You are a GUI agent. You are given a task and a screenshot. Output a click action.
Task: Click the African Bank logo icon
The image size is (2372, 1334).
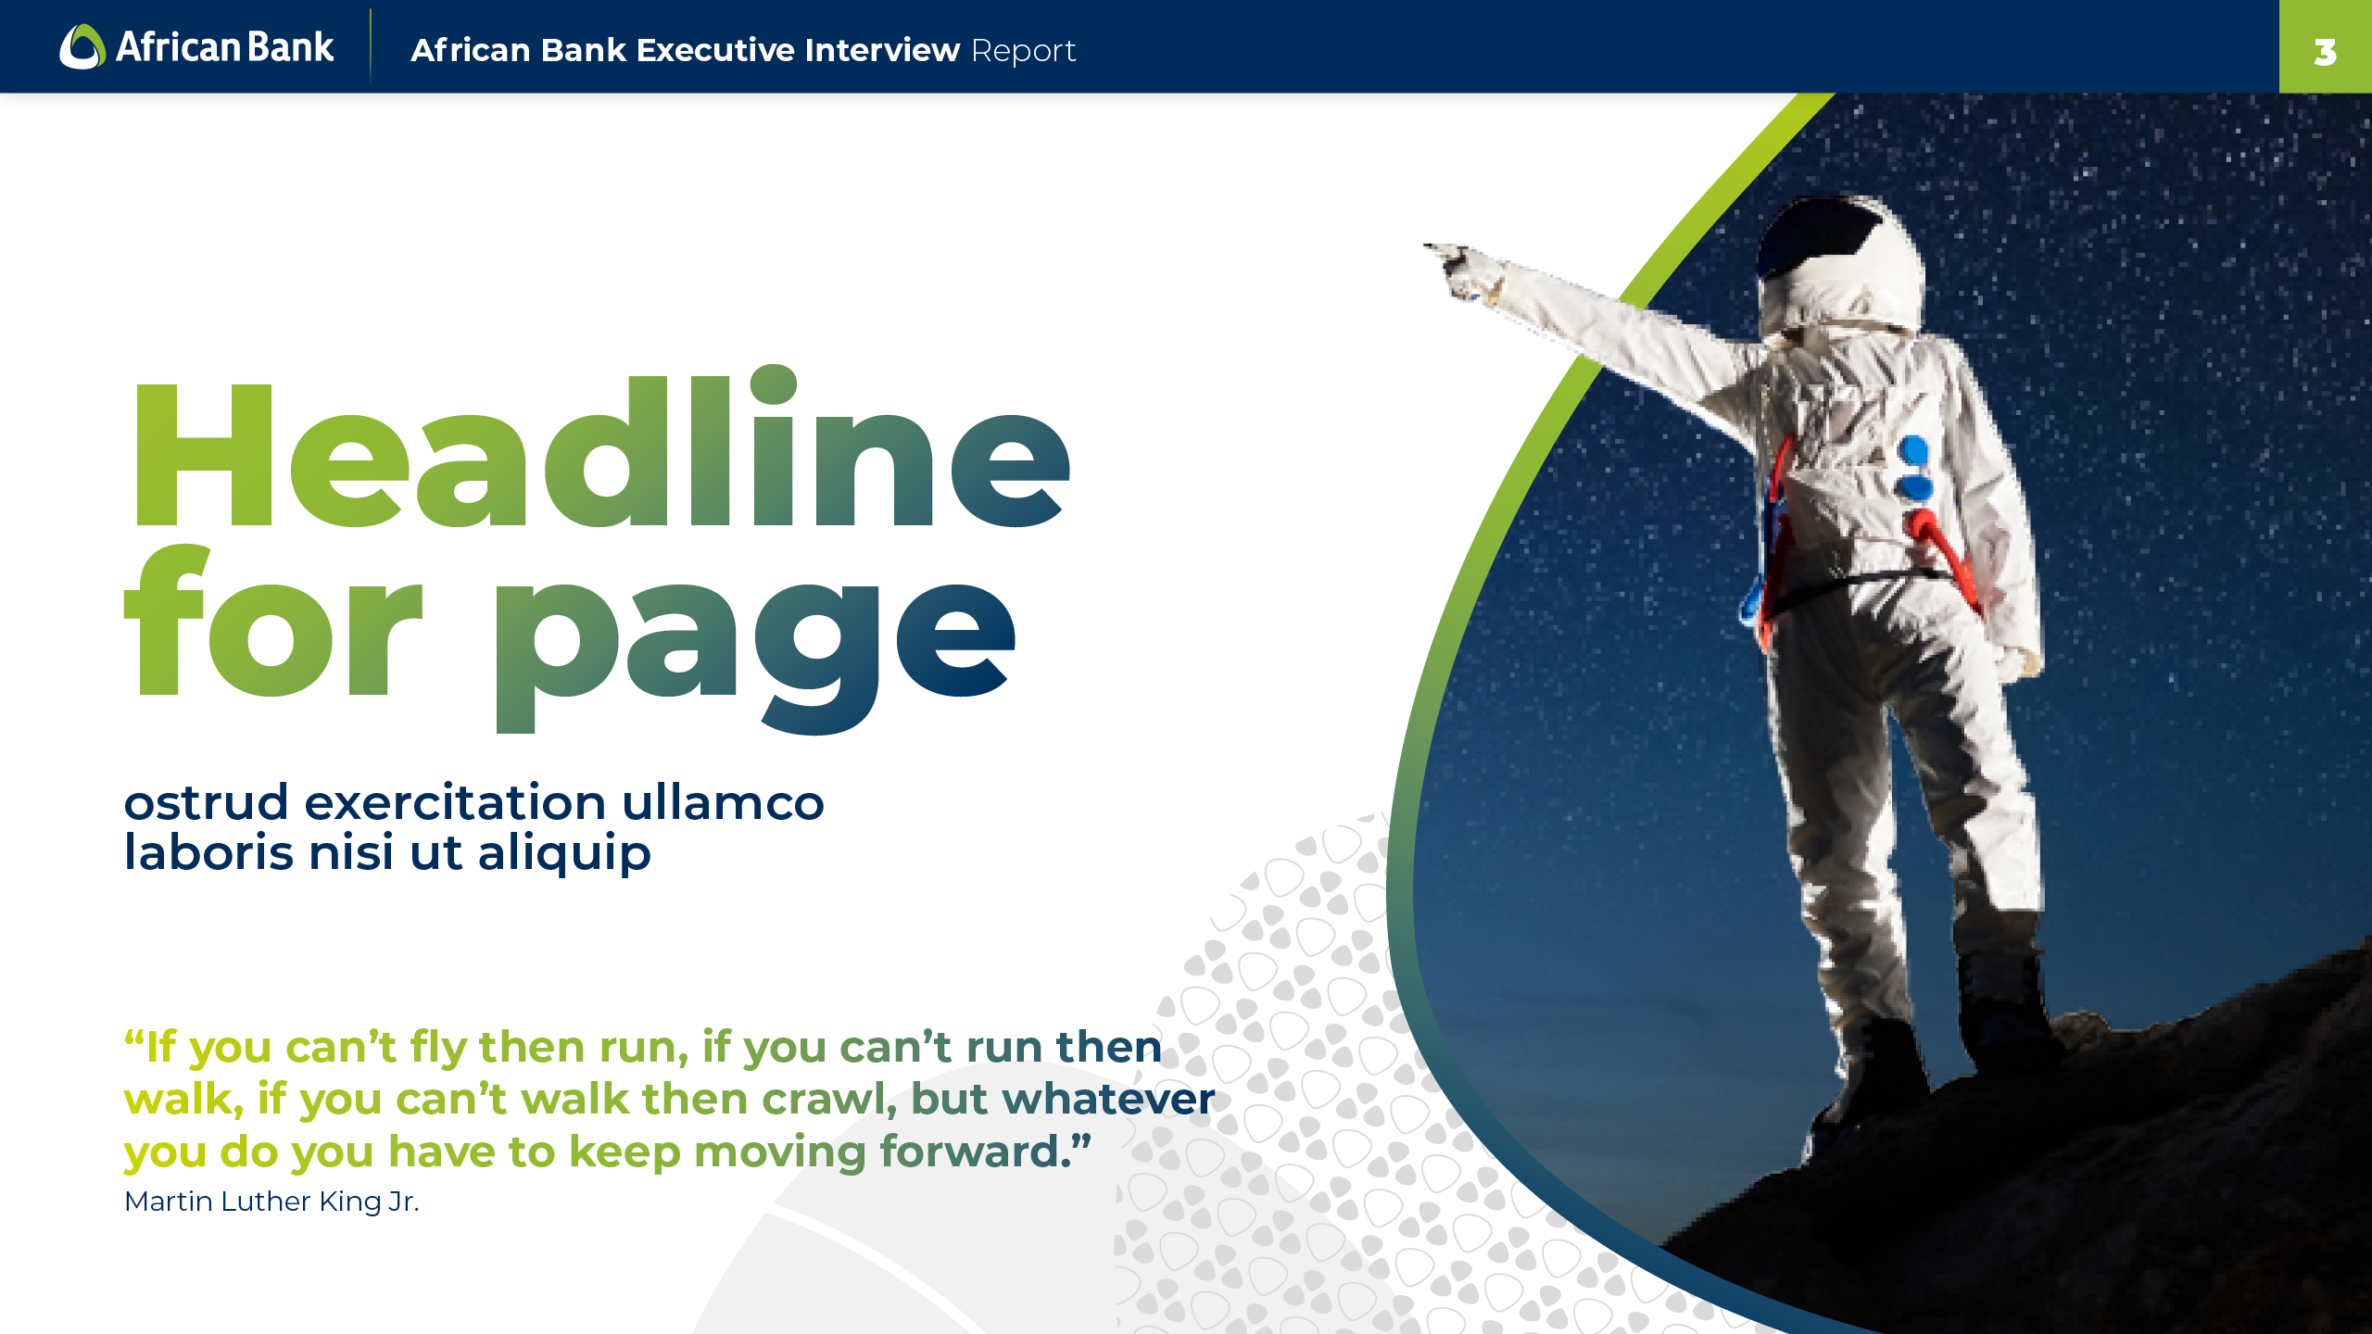pyautogui.click(x=82, y=46)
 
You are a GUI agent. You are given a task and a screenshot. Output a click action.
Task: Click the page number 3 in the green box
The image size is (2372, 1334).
pyautogui.click(x=2325, y=53)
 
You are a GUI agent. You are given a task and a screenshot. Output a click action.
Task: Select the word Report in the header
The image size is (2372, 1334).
pyautogui.click(x=1024, y=51)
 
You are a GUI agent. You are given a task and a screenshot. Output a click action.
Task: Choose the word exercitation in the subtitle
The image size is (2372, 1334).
pyautogui.click(x=455, y=802)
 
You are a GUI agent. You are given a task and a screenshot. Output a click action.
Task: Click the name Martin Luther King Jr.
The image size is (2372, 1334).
pyautogui.click(x=271, y=1202)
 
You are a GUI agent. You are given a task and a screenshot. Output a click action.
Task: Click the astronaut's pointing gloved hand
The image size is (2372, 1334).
pyautogui.click(x=1464, y=271)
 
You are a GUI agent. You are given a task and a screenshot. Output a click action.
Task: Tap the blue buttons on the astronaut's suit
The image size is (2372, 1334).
pyautogui.click(x=1914, y=469)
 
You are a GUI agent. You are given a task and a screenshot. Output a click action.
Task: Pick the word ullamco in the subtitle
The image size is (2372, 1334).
pyautogui.click(x=723, y=802)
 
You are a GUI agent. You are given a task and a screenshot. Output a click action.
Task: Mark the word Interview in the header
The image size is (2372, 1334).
pyautogui.click(x=882, y=50)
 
